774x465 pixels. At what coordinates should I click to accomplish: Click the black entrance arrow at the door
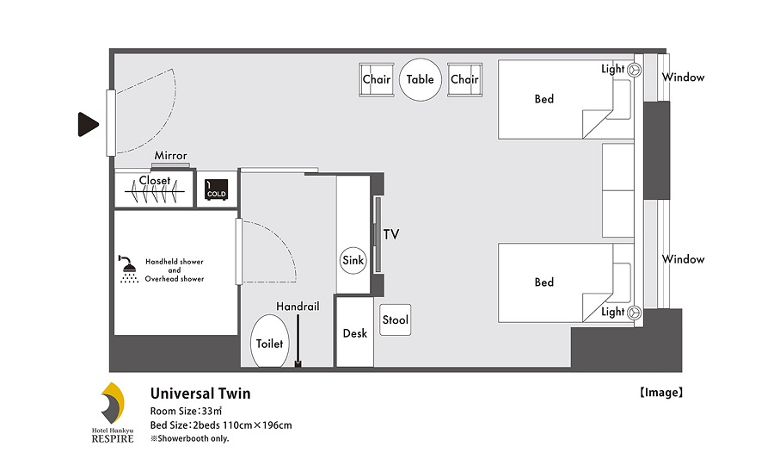point(88,125)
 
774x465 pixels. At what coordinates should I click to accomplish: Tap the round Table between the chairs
point(420,79)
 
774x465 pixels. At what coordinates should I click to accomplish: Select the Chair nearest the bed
point(464,79)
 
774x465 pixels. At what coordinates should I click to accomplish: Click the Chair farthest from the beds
point(376,79)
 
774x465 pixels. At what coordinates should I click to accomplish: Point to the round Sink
point(353,260)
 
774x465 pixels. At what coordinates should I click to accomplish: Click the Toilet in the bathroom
point(269,342)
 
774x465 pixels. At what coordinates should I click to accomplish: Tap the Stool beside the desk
point(396,319)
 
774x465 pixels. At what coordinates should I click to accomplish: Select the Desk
point(354,332)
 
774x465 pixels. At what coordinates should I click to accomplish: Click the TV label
point(391,234)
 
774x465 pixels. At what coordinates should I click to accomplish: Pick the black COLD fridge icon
point(216,189)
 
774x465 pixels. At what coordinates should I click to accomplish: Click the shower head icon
point(128,270)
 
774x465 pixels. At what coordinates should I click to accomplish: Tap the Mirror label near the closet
point(170,156)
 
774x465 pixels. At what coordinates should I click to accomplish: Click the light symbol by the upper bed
point(635,70)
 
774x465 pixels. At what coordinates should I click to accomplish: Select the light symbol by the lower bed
point(635,313)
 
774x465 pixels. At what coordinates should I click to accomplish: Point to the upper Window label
point(683,77)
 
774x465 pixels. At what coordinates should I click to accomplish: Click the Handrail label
point(298,307)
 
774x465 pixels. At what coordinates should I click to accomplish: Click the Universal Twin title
point(200,394)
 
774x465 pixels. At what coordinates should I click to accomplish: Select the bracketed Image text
point(661,393)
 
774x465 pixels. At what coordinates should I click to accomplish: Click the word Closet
point(155,180)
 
